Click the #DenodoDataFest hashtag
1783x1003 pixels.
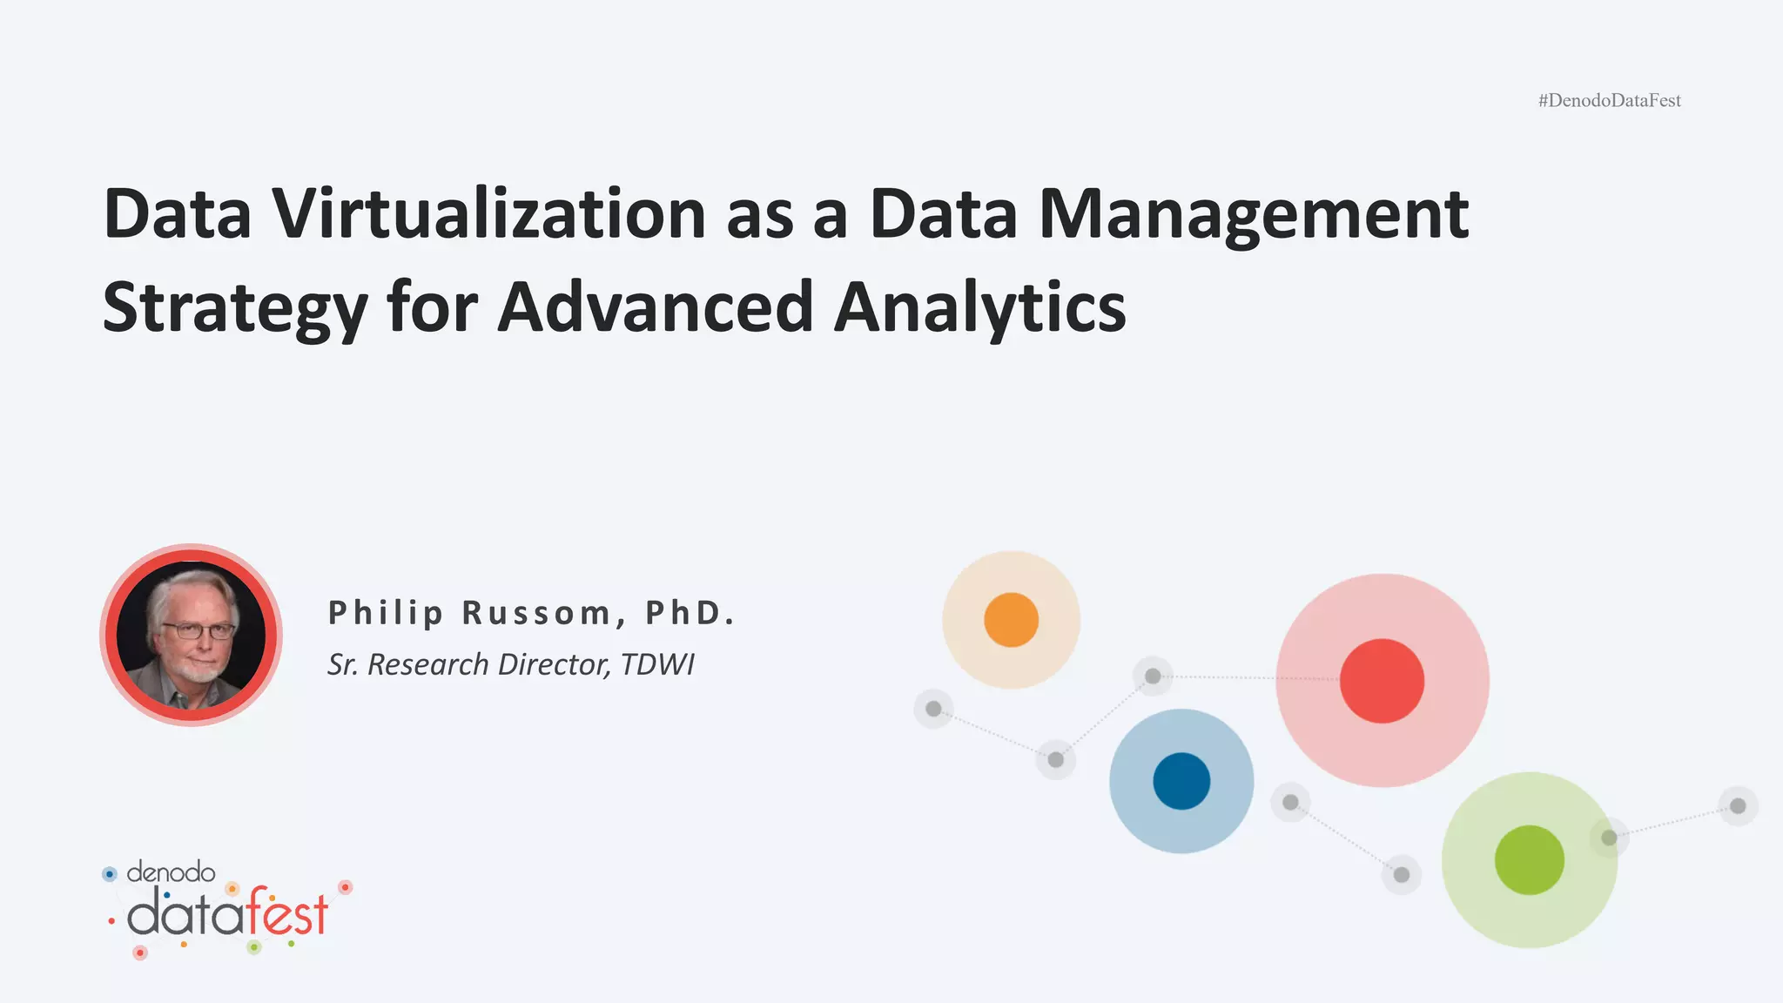click(1609, 101)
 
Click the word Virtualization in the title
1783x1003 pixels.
click(488, 213)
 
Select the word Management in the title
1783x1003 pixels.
click(1254, 213)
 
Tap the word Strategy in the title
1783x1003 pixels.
click(234, 307)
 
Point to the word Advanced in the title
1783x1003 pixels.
click(655, 307)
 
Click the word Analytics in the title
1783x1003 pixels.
click(979, 307)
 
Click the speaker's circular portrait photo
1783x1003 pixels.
click(191, 635)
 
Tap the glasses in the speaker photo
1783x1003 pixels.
click(198, 630)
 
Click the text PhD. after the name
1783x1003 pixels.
click(690, 613)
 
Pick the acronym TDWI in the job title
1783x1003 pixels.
click(657, 664)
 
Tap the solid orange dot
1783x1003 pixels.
click(1011, 620)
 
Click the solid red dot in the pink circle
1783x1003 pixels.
click(1382, 681)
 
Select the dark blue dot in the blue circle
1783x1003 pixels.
click(1181, 781)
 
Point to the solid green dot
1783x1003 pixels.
click(1529, 860)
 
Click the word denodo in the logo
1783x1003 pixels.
click(171, 872)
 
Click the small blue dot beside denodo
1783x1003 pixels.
click(110, 873)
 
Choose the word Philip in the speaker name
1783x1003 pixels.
click(386, 613)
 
